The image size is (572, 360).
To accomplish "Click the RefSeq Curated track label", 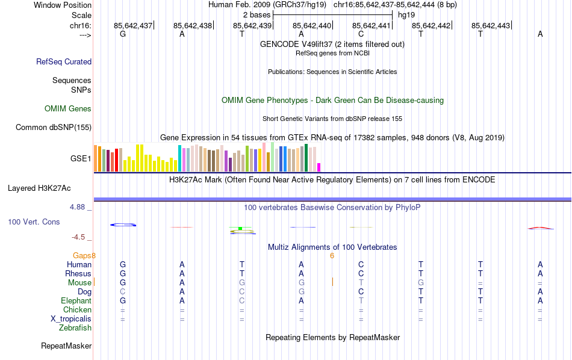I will (64, 61).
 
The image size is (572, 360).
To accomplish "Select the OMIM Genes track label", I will (68, 109).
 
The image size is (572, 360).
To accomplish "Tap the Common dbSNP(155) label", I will (54, 127).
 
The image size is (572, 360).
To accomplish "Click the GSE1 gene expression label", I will (81, 159).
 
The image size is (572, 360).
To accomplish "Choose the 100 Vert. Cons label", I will (34, 222).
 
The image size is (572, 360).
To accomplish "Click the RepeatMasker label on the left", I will (66, 346).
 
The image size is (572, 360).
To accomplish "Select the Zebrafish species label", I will (75, 328).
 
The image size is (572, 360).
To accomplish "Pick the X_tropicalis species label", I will (71, 319).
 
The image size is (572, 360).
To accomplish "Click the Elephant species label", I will (76, 301).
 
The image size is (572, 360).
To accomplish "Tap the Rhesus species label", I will (78, 274).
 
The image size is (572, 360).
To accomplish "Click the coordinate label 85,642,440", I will (312, 25).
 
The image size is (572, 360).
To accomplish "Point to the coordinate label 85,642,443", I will (491, 25).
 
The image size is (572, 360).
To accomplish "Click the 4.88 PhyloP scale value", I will (78, 207).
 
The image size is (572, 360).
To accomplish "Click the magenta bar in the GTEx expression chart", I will (319, 167).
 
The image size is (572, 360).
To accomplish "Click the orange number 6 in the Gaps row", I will (332, 256).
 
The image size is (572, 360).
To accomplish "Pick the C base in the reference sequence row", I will (361, 34).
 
